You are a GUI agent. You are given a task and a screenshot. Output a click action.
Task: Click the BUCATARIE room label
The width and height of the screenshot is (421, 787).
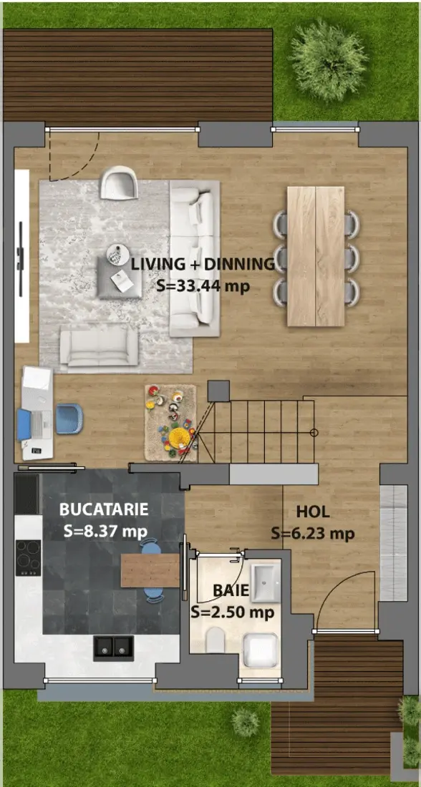coord(104,509)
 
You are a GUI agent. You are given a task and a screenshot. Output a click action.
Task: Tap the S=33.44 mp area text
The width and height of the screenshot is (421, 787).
coord(203,286)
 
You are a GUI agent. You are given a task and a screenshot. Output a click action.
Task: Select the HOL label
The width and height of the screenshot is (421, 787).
coord(313,512)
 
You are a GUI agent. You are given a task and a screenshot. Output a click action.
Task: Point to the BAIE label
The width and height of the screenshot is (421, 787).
coord(231,591)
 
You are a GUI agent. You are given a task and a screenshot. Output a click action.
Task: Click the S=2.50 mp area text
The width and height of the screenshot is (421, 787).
coord(232,612)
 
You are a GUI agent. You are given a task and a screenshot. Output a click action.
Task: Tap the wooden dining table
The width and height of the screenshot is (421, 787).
coord(316,256)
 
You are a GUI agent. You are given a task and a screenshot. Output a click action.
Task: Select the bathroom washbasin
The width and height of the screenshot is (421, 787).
coord(266,582)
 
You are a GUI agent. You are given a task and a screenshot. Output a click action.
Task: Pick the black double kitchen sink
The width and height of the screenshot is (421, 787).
coord(114,647)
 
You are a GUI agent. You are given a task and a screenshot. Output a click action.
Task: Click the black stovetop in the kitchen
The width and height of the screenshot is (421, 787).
coord(28,557)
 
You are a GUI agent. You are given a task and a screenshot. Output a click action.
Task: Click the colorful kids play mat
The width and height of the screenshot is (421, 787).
coord(170,423)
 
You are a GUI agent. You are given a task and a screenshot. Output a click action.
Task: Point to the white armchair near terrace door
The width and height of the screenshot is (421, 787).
coord(120,182)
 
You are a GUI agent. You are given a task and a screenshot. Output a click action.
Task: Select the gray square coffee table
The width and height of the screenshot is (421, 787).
coord(120,278)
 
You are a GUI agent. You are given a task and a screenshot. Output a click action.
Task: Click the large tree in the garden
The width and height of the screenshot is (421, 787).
coord(329,61)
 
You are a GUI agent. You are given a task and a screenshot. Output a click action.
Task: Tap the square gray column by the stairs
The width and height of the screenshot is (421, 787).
coord(218,391)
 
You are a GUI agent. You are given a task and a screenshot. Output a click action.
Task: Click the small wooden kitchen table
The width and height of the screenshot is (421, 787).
coord(150,570)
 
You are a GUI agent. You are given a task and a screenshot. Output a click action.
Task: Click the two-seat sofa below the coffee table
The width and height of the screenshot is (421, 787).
coord(99,346)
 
